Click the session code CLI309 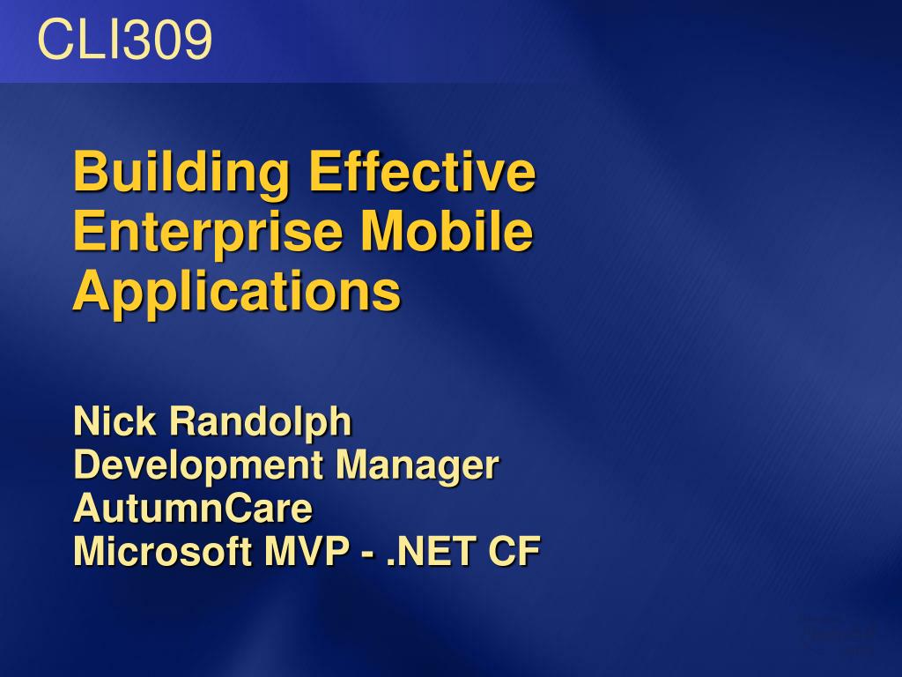click(125, 39)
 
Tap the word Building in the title click(181, 174)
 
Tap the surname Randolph click(260, 423)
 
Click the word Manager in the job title click(417, 466)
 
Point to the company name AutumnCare click(193, 508)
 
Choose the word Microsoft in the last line click(163, 551)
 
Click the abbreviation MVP click(306, 551)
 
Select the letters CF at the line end click(514, 551)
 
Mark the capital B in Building click(92, 171)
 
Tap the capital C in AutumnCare click(235, 508)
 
